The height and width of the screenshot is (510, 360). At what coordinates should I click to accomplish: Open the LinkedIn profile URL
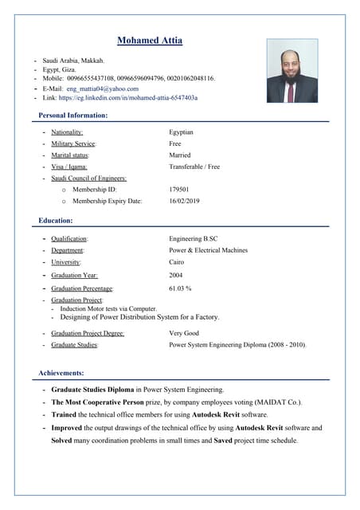pyautogui.click(x=132, y=98)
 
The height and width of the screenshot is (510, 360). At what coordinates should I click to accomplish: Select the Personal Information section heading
pyautogui.click(x=73, y=116)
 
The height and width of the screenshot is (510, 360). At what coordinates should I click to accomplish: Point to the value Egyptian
pyautogui.click(x=182, y=132)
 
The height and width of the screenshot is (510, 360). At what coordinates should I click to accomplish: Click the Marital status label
pyautogui.click(x=70, y=155)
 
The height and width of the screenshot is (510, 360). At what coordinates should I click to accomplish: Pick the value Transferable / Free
pyautogui.click(x=194, y=167)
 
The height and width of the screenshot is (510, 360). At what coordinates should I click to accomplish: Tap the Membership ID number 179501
pyautogui.click(x=179, y=190)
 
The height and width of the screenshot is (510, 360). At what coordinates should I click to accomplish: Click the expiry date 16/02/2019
pyautogui.click(x=185, y=201)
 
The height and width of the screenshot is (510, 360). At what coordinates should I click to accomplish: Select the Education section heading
pyautogui.click(x=56, y=220)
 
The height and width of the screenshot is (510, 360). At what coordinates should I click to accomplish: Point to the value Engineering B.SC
pyautogui.click(x=194, y=238)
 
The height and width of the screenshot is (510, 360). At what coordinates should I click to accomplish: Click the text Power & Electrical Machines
pyautogui.click(x=209, y=250)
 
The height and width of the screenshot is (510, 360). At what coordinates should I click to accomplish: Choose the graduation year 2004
pyautogui.click(x=177, y=275)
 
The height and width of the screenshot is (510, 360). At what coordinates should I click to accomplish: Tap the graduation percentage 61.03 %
pyautogui.click(x=181, y=288)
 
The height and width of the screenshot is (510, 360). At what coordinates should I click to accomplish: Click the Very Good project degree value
pyautogui.click(x=184, y=333)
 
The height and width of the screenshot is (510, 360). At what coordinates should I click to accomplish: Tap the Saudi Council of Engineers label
pyautogui.click(x=89, y=178)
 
